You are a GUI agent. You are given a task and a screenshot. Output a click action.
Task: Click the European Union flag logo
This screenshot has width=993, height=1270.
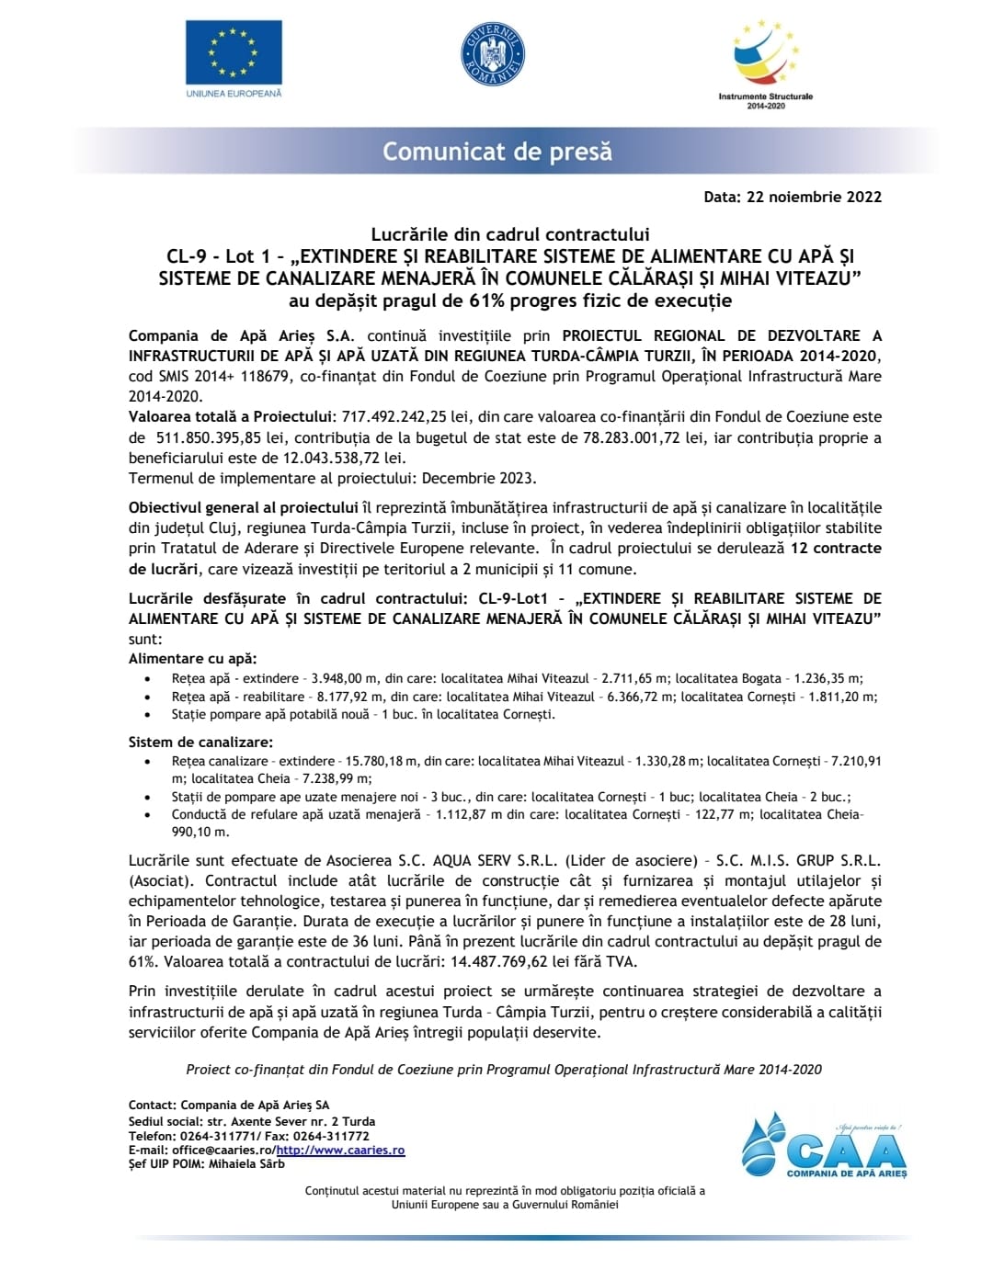[x=234, y=52]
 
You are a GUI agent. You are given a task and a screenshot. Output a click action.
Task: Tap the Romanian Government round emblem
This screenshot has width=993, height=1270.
[x=492, y=54]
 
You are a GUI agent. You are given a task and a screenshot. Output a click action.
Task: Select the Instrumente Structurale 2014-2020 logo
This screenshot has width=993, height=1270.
[x=765, y=62]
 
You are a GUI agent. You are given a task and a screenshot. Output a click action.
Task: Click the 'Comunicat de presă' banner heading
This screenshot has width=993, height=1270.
[x=497, y=152]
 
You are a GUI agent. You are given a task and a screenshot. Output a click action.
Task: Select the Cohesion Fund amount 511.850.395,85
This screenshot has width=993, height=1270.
[x=209, y=437]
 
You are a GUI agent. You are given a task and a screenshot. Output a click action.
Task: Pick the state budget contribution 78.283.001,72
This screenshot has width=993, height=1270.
[x=632, y=437]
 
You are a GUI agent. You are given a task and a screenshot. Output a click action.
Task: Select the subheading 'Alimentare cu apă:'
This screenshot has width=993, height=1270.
[x=192, y=658]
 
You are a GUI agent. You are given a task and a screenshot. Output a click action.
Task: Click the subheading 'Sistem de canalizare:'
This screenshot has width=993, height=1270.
[x=200, y=742]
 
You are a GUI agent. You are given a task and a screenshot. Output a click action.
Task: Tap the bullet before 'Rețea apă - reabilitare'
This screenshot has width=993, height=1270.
[x=148, y=697]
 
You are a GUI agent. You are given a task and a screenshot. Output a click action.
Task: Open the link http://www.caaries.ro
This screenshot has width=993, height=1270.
[x=340, y=1151]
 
